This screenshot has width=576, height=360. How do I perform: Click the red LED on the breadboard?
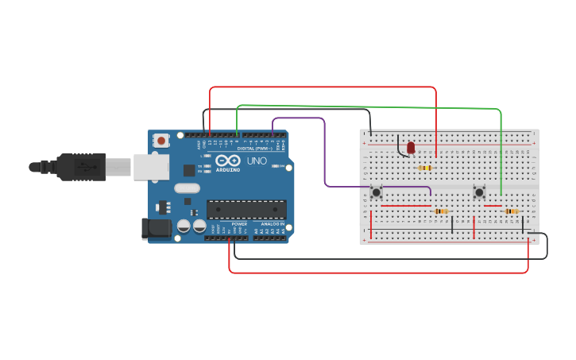[411, 148]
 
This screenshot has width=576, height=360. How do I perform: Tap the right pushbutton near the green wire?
[479, 192]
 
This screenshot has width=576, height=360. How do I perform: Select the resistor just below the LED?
[425, 168]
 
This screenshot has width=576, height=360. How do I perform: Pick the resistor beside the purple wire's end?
[442, 211]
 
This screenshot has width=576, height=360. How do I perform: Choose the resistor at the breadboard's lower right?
[512, 211]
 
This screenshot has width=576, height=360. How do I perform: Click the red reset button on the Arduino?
[161, 141]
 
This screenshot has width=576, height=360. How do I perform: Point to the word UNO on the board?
[257, 161]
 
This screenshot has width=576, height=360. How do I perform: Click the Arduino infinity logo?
[226, 161]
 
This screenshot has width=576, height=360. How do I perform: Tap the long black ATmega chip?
[246, 209]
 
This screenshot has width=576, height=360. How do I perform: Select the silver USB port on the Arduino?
[151, 167]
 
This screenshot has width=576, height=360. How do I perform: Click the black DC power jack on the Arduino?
[156, 228]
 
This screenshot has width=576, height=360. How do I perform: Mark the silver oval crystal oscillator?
[187, 188]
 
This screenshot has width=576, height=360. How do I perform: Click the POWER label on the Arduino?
[239, 224]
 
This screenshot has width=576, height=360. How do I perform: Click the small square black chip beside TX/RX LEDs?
[189, 170]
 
